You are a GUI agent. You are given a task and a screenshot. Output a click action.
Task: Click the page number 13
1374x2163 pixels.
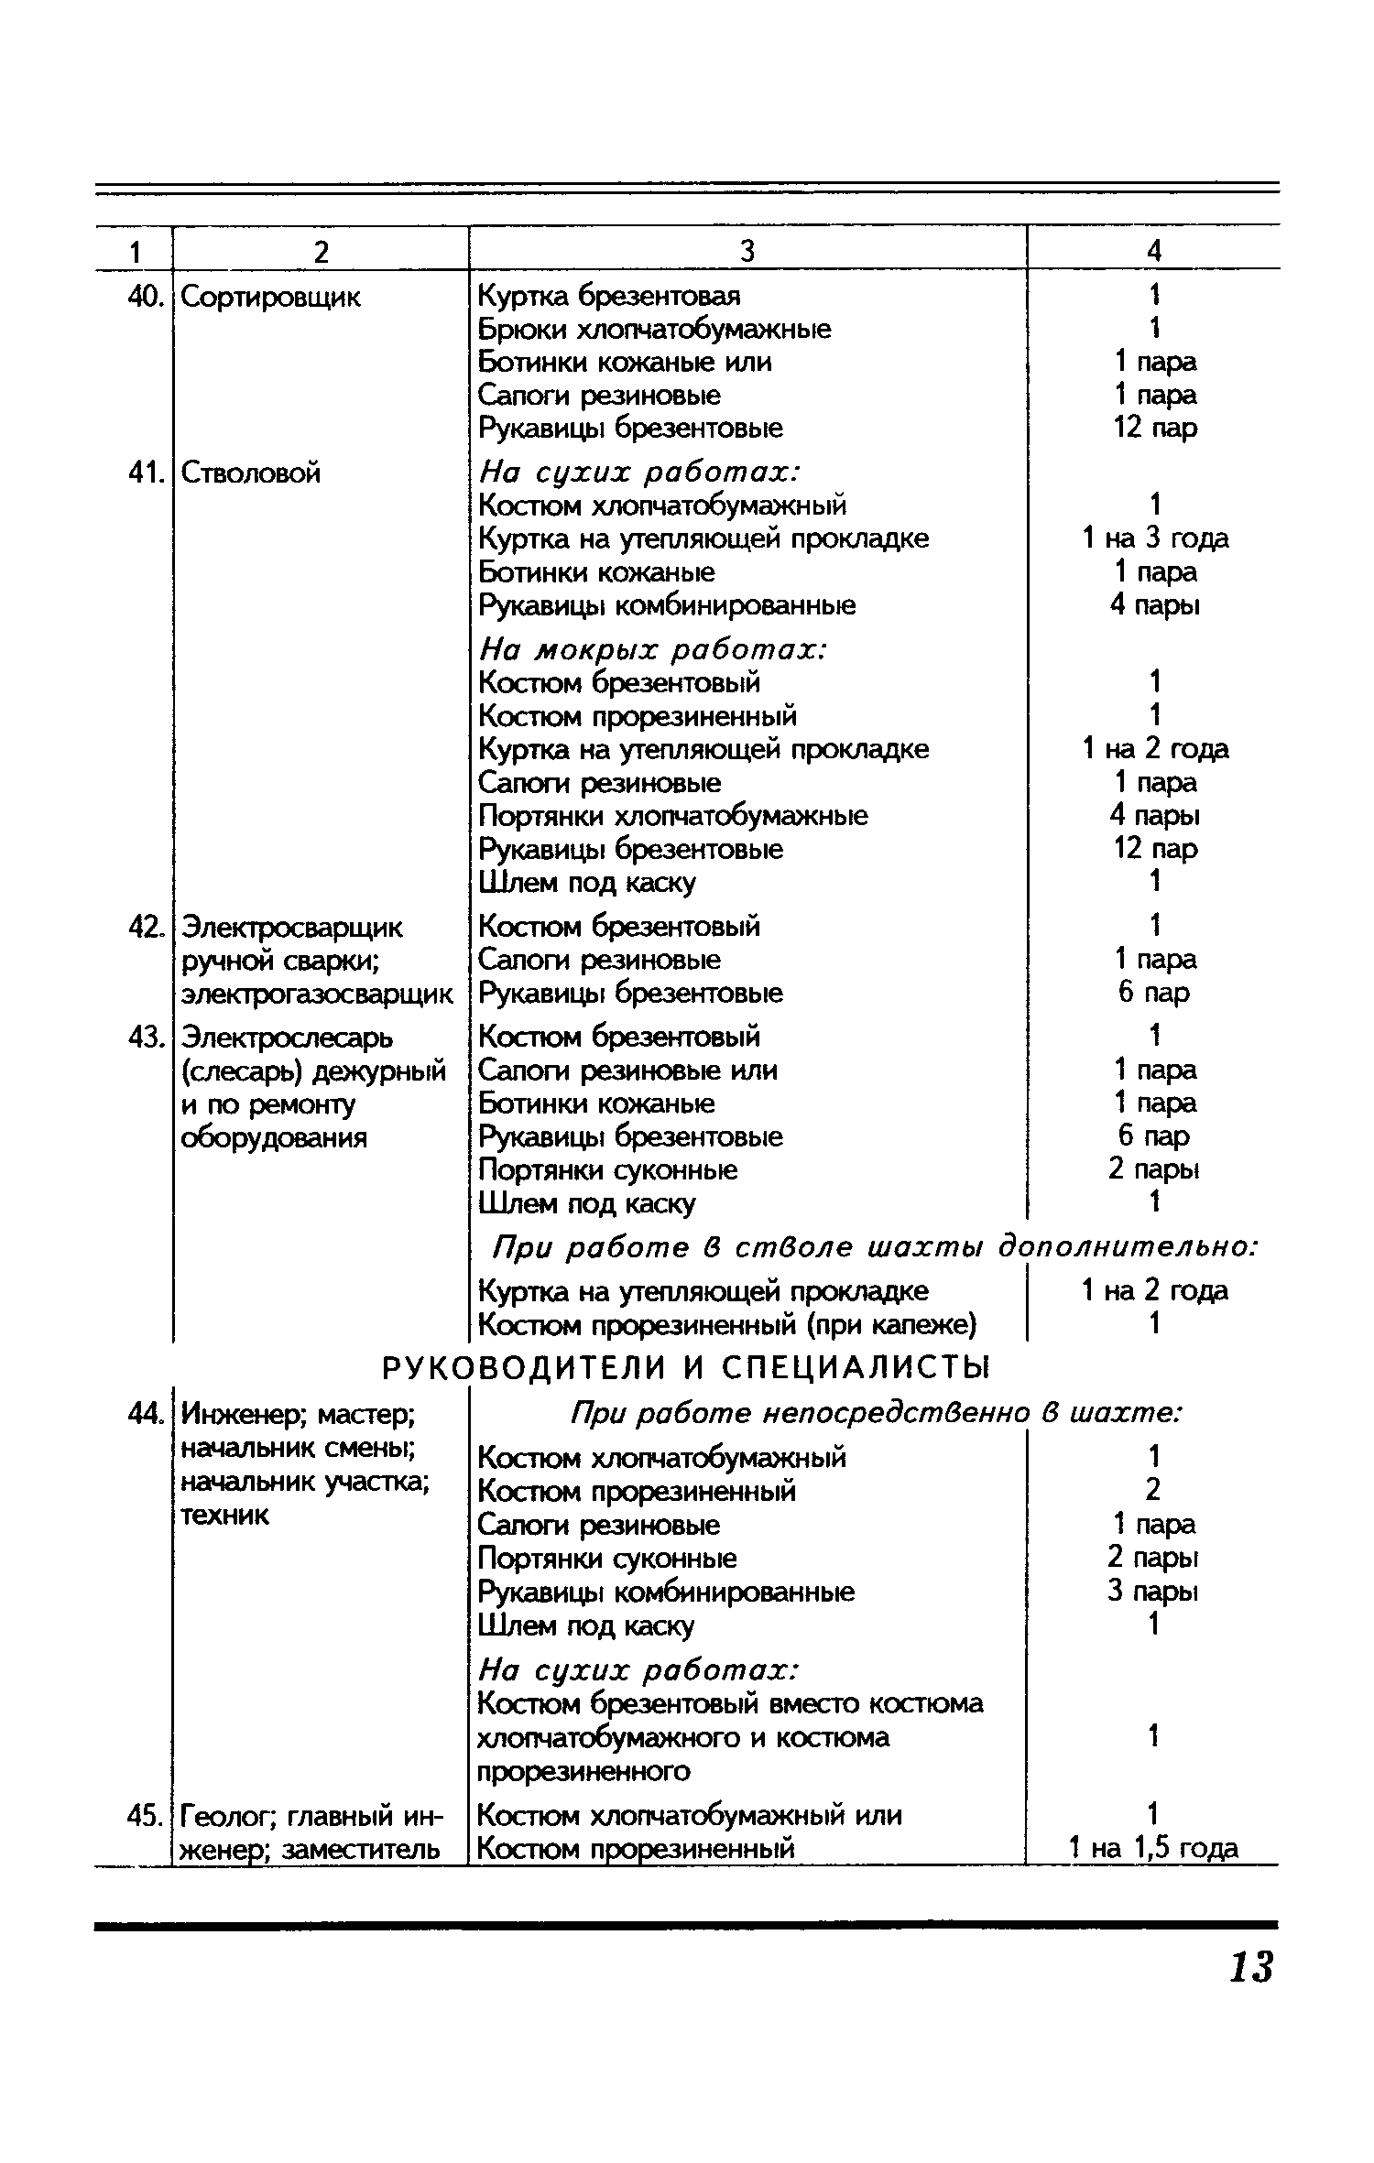(x=1250, y=1967)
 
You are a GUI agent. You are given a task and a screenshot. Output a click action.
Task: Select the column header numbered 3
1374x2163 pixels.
(x=747, y=250)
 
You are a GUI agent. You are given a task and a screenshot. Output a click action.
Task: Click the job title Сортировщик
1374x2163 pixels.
(x=271, y=297)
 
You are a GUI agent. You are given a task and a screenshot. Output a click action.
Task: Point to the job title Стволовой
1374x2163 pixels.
(x=251, y=473)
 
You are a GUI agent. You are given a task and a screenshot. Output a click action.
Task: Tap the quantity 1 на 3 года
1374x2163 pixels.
(x=1155, y=538)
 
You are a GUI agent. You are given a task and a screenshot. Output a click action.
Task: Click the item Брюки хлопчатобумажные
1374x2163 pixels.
(x=655, y=330)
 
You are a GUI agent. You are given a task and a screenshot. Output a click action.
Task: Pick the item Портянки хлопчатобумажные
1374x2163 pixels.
(x=673, y=816)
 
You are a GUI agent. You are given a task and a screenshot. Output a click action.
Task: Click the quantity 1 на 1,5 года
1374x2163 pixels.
(x=1153, y=1848)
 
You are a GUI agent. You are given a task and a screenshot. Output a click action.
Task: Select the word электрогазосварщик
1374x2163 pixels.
(x=317, y=994)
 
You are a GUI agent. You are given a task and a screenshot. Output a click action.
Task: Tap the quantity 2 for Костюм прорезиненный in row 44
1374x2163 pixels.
(x=1153, y=1491)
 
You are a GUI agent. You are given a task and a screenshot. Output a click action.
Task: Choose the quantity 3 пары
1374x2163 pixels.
(x=1153, y=1591)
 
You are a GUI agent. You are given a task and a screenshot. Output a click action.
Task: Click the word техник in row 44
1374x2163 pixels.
(x=225, y=1515)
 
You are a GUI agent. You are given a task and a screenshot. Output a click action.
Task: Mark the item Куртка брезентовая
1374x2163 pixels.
(x=609, y=297)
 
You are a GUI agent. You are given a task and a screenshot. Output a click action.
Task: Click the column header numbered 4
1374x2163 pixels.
(x=1154, y=250)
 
